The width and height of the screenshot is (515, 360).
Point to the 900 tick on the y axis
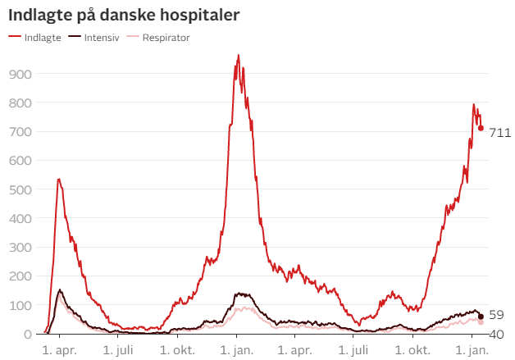point(21,74)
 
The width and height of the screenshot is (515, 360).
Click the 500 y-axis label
point(21,189)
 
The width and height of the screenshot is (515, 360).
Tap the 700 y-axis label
point(21,131)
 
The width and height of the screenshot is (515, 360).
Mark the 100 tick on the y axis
point(21,305)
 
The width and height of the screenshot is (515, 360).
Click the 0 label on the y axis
point(27,334)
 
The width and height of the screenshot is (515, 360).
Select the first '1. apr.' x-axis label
point(60,350)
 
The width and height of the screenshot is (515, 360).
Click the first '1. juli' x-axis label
point(119,350)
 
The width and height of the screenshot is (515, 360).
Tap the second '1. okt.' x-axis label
point(414,350)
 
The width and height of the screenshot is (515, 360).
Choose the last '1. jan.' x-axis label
point(472,350)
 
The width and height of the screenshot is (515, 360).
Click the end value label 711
point(500,133)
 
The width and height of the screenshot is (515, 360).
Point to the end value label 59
point(497,315)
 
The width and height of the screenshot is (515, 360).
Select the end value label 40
point(497,334)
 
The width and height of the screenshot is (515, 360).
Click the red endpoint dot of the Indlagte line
point(481,128)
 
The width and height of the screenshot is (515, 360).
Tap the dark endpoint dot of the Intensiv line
point(481,317)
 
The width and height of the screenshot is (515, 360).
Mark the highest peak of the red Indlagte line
point(238,56)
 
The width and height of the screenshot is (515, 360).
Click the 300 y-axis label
point(21,247)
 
